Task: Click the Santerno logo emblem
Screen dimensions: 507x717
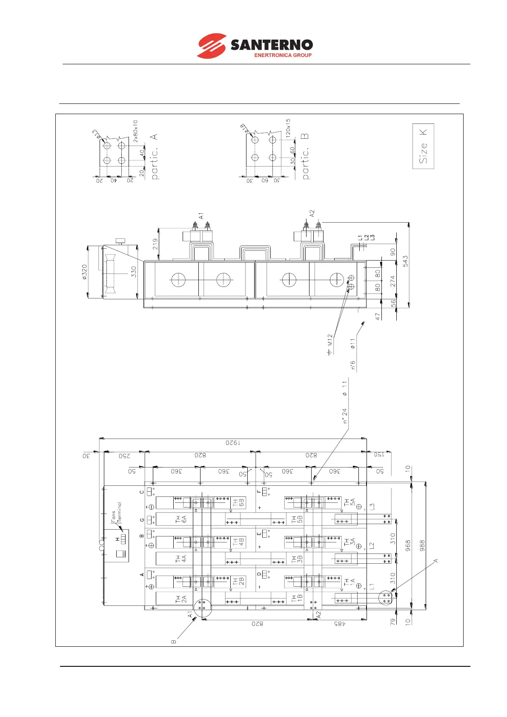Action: click(211, 46)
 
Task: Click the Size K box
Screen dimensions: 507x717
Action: click(423, 146)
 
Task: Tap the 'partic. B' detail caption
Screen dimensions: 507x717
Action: click(305, 156)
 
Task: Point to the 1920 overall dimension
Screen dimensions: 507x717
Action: click(233, 443)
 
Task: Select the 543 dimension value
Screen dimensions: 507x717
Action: click(405, 261)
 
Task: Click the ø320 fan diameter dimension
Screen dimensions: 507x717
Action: click(84, 272)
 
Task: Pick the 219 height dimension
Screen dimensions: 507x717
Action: click(155, 244)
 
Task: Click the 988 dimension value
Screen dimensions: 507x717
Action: click(422, 546)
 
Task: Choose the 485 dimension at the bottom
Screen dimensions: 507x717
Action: click(338, 624)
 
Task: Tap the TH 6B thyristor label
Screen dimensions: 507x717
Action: click(238, 503)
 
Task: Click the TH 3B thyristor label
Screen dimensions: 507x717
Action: click(297, 559)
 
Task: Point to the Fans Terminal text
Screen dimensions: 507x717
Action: click(116, 512)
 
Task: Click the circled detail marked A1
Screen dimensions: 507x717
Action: click(203, 608)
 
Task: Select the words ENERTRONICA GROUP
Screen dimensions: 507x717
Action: click(283, 55)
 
